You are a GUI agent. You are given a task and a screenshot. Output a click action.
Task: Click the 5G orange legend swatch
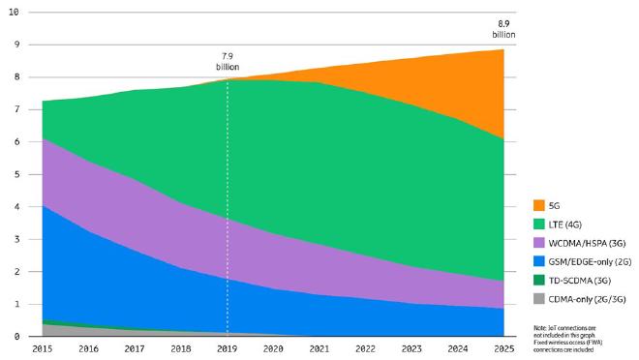(x=538, y=205)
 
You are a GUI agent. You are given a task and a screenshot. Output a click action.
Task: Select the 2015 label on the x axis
(x=43, y=348)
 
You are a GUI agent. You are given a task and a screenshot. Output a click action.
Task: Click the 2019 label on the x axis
(x=228, y=348)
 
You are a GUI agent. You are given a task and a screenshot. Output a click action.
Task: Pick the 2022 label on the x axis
(x=366, y=348)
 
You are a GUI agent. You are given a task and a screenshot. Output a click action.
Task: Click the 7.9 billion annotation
(x=228, y=62)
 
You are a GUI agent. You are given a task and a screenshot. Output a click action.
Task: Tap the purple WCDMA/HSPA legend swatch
(x=538, y=242)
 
